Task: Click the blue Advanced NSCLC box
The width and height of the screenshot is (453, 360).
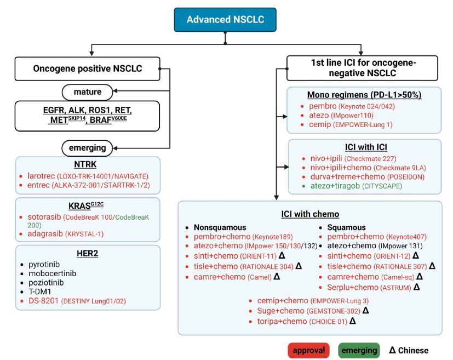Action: point(225,20)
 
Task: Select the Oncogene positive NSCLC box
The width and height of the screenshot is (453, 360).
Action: point(87,68)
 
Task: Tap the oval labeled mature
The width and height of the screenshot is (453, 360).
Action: point(87,92)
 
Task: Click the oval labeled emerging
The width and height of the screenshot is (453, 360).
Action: point(87,148)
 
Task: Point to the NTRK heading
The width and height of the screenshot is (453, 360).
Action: point(85,164)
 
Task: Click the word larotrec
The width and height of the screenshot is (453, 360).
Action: point(41,176)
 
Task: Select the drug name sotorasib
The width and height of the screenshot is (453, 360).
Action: point(44,217)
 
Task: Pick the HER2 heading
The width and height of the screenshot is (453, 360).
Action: point(87,253)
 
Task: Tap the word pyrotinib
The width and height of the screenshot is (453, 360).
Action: point(44,264)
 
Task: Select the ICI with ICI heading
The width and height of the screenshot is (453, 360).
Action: point(366,147)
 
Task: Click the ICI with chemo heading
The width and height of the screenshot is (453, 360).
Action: point(310,214)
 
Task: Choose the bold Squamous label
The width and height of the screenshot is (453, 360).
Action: point(346,227)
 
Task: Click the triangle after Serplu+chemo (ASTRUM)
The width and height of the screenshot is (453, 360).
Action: point(416,287)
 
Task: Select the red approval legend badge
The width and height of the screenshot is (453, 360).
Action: point(308,351)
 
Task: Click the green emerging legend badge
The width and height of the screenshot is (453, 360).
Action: point(359,351)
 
